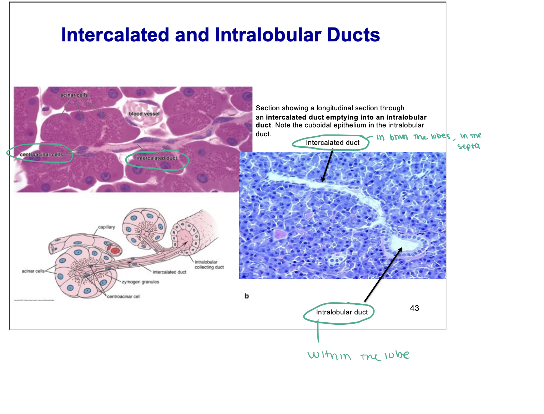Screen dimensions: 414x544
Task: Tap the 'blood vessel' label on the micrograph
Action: (x=144, y=114)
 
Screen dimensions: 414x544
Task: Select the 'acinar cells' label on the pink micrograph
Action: (x=74, y=95)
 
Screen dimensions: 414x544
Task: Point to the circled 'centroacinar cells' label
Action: (x=41, y=155)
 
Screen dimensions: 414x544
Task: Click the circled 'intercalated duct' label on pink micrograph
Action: (x=157, y=158)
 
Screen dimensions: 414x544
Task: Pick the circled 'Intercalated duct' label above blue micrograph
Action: (x=332, y=143)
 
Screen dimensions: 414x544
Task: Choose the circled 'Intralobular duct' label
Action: (x=342, y=312)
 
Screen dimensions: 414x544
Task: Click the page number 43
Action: (x=414, y=308)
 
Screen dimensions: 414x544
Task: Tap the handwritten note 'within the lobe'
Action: (x=358, y=355)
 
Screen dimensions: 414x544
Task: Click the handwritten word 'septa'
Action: (x=468, y=146)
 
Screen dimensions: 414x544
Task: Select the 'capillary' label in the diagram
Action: (x=107, y=227)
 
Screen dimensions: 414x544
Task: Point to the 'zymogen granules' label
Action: (x=141, y=282)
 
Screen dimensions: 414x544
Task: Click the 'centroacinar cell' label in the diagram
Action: (x=124, y=297)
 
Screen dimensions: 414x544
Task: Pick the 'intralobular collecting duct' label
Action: (x=209, y=264)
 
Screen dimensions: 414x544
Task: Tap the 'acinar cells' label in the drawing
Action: (x=33, y=271)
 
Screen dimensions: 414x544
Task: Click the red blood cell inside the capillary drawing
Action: (x=115, y=250)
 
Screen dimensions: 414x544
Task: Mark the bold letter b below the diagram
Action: (x=247, y=296)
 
